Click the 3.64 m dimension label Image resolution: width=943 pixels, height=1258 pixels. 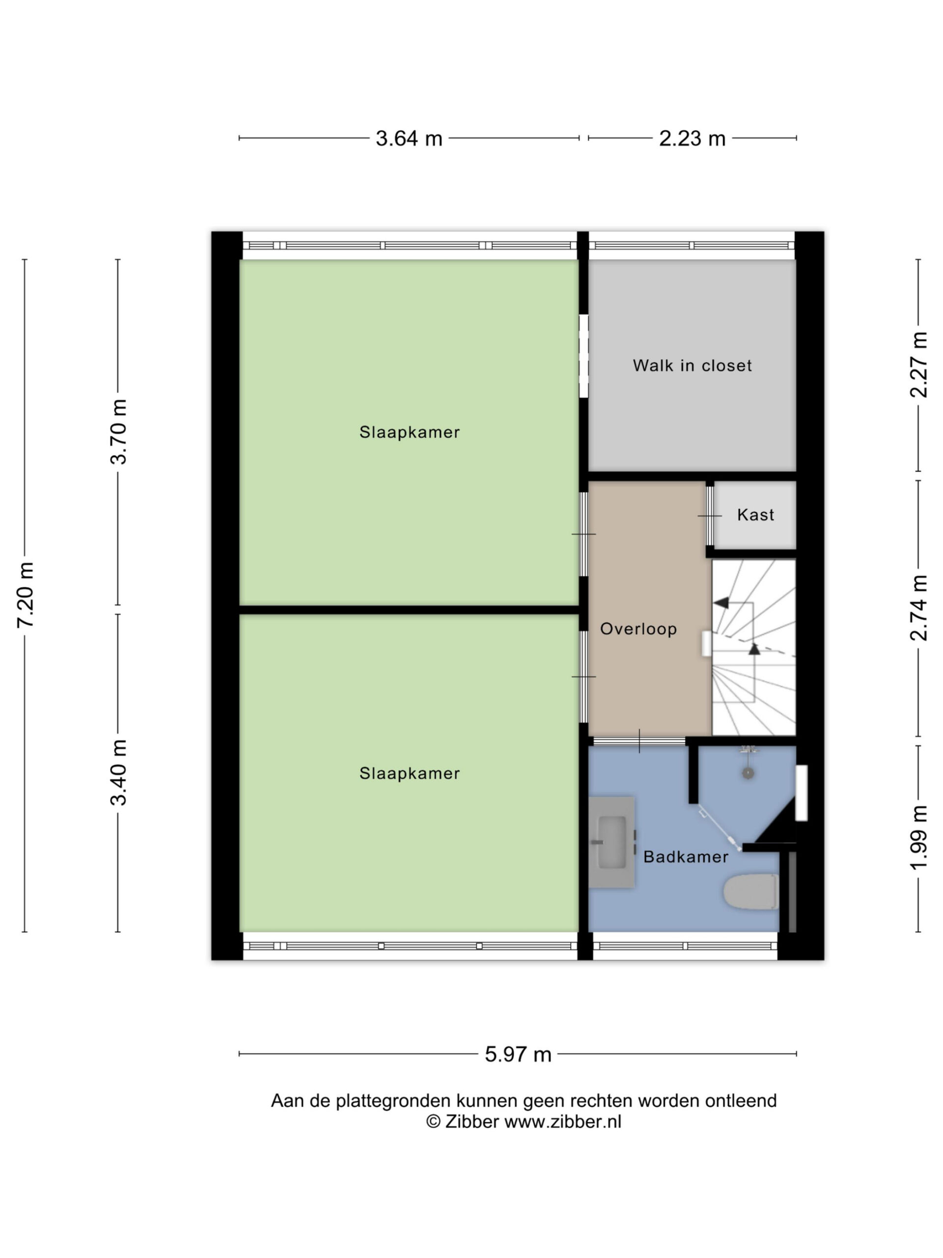(x=409, y=138)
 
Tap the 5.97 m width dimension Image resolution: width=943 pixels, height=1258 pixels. (x=518, y=1055)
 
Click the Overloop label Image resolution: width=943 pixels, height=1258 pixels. (x=638, y=629)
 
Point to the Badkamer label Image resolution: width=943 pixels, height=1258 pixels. (x=686, y=857)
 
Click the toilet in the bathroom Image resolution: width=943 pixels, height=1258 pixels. (x=750, y=892)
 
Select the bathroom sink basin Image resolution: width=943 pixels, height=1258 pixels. (x=612, y=842)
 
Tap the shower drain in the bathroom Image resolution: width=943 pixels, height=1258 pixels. (x=748, y=773)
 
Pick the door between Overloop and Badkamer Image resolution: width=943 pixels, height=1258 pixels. (x=639, y=741)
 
